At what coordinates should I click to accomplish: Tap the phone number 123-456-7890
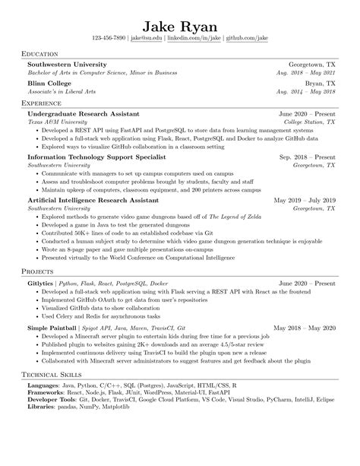tap(108, 37)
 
